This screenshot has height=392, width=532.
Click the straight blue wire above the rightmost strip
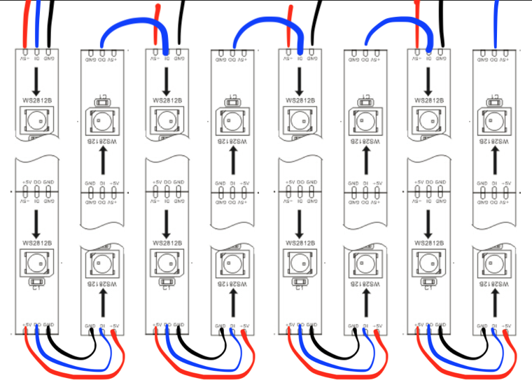pyautogui.click(x=496, y=21)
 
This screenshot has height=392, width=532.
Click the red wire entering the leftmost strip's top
pyautogui.click(x=27, y=21)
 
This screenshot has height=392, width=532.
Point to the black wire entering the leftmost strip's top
pyautogui.click(x=48, y=21)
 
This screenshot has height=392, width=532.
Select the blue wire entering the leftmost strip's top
pyautogui.click(x=37, y=21)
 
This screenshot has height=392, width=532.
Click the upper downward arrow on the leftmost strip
pyautogui.click(x=36, y=81)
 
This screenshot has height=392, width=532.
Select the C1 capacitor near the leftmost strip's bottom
pyautogui.click(x=36, y=285)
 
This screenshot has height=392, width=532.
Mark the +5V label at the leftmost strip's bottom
pyautogui.click(x=27, y=324)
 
